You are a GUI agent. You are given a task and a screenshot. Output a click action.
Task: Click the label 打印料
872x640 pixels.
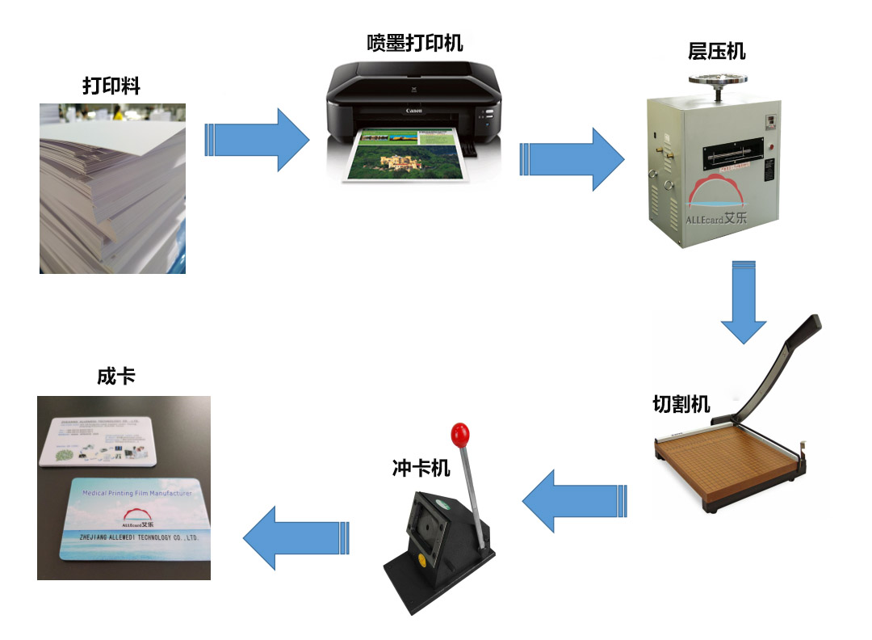[111, 86]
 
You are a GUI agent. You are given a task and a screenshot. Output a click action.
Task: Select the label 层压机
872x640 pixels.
[716, 52]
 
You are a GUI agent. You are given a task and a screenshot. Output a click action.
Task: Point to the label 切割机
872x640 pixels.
[681, 403]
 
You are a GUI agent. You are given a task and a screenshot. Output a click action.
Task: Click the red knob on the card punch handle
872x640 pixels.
[460, 433]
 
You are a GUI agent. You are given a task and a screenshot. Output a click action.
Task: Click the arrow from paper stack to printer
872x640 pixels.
[256, 139]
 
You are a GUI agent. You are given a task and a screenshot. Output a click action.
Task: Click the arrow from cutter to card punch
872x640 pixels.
[574, 501]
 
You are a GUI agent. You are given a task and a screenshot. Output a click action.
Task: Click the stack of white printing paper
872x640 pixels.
[112, 190]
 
